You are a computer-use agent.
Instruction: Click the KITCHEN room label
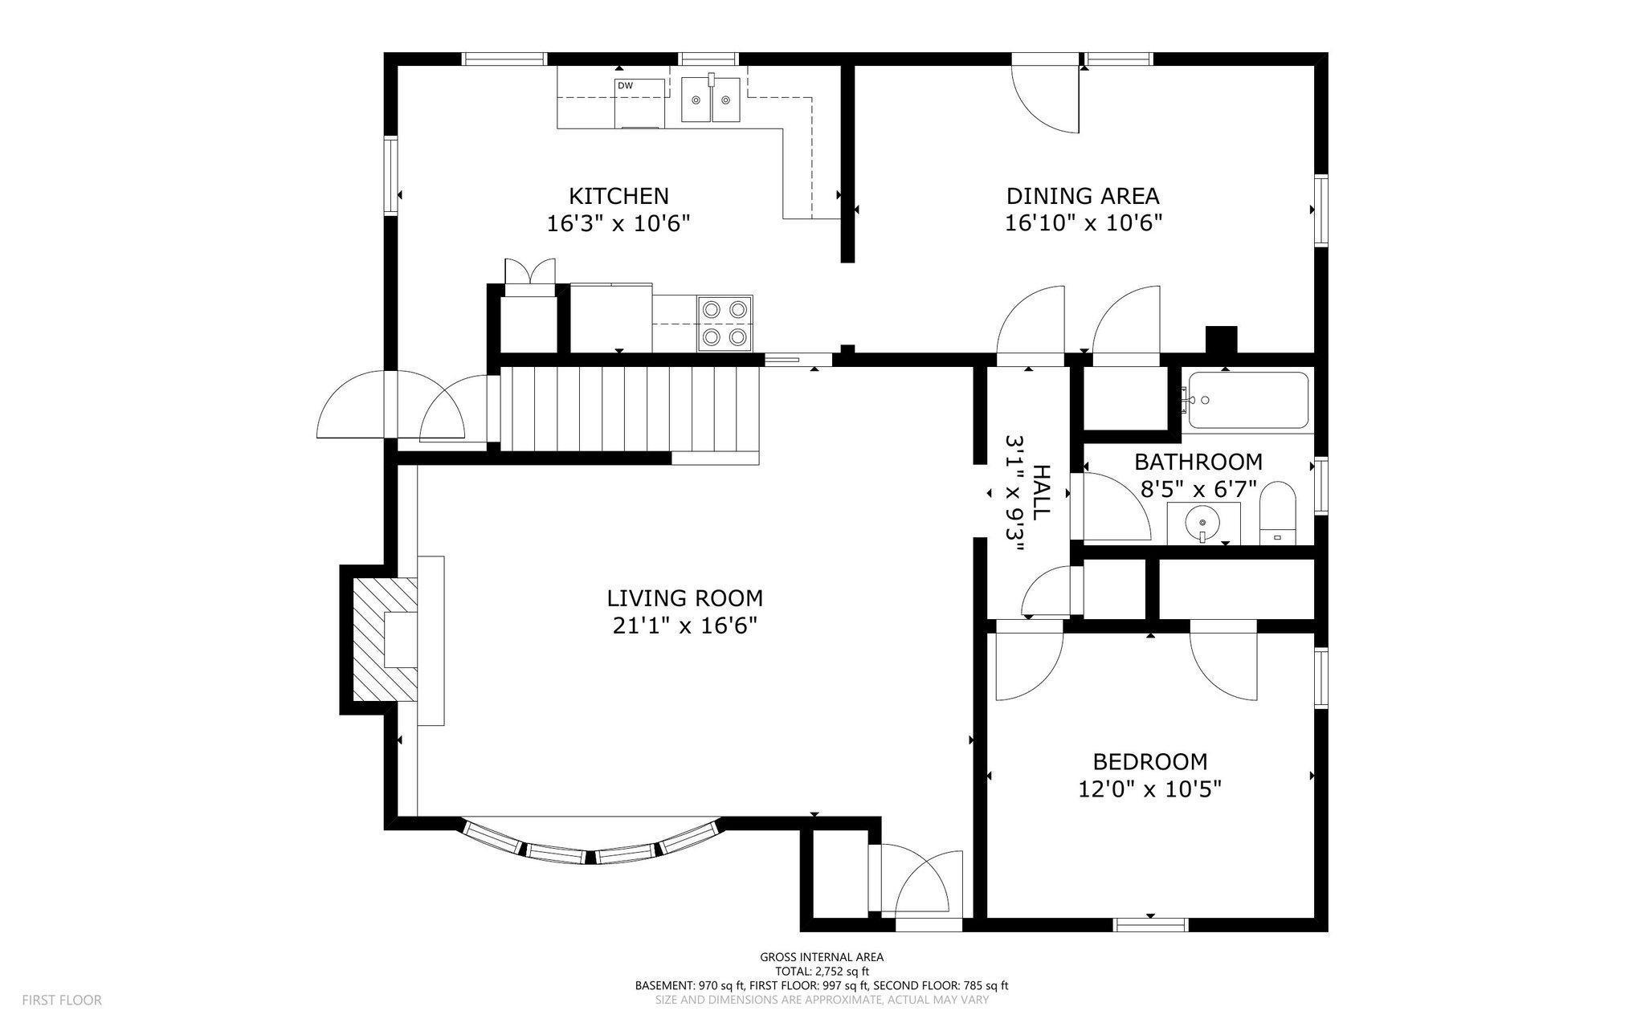618,196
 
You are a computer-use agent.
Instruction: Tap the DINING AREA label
1083,196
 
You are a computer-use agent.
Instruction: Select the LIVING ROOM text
684,598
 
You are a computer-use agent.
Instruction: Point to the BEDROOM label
1150,761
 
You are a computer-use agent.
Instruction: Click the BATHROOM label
1198,462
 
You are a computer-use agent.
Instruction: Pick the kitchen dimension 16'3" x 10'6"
618,223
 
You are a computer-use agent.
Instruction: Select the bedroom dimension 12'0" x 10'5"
1150,789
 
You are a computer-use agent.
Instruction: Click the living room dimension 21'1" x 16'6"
684,626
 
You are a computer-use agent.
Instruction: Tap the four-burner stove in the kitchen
725,324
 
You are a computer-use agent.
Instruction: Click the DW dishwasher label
625,85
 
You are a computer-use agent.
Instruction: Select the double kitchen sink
711,100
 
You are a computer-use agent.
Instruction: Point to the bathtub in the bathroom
1248,400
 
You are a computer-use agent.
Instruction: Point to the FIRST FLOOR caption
62,1001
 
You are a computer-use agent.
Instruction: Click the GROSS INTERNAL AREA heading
822,957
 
